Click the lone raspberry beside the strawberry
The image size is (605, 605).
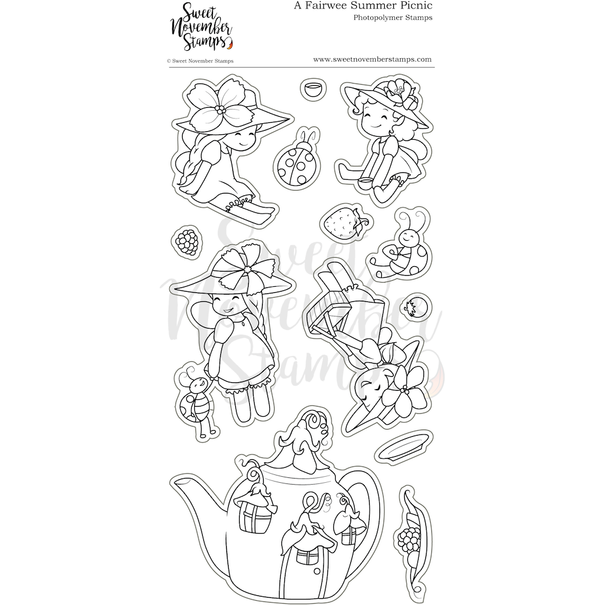[x=187, y=241]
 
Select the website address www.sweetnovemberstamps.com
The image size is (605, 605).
[x=372, y=59]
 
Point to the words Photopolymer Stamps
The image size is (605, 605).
[x=393, y=18]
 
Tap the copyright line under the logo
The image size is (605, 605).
[x=200, y=61]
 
